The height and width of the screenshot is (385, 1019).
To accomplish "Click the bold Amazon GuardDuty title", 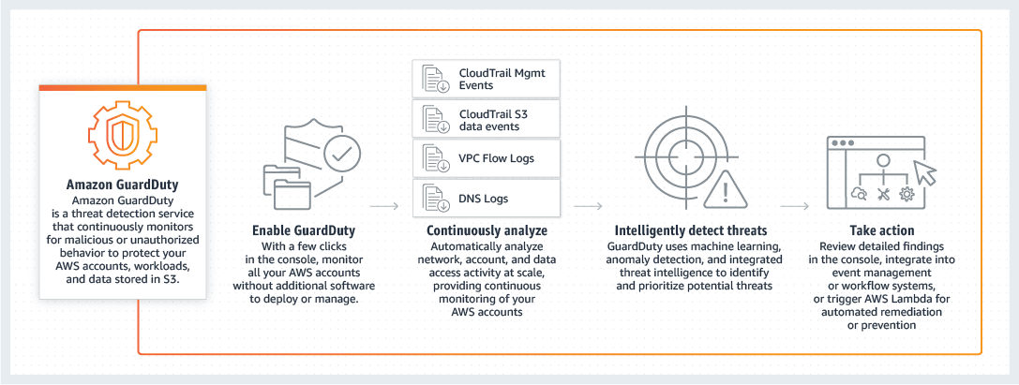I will (123, 185).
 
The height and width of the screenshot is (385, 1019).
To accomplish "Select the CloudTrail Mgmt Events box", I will (486, 79).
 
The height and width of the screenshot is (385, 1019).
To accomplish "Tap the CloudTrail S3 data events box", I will (486, 119).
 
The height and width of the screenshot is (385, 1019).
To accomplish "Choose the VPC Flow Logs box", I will (486, 158).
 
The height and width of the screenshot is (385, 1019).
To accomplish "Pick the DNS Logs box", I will (486, 198).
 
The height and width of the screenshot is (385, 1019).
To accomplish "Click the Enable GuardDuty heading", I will (302, 230).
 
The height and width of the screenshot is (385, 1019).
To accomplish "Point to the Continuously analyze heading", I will (487, 230).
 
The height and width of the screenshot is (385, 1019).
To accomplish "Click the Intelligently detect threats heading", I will (691, 230).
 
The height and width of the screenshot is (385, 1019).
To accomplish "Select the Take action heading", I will (881, 230).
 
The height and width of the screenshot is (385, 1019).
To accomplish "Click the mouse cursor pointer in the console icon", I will (924, 171).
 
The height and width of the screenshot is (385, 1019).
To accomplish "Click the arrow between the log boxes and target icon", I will (587, 203).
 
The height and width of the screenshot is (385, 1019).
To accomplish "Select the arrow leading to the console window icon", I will (794, 203).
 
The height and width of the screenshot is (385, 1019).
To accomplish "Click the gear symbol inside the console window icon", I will (907, 194).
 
